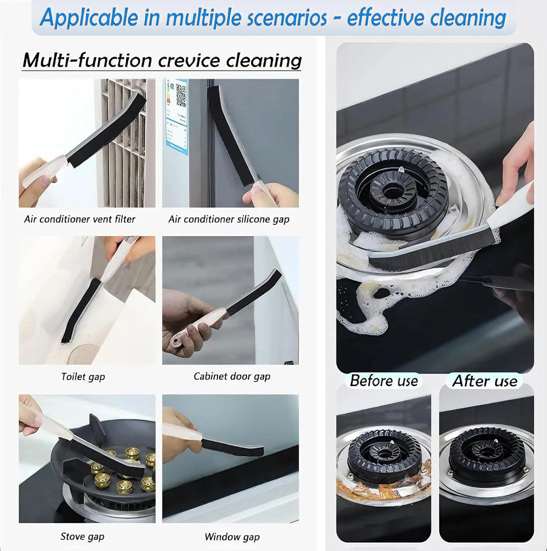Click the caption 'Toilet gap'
(x=83, y=377)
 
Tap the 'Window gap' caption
(x=232, y=537)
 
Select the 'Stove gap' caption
(x=82, y=536)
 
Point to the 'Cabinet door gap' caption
(x=232, y=376)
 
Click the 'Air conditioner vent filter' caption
(x=80, y=219)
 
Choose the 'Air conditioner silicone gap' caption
(x=229, y=219)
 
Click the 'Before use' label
(x=384, y=381)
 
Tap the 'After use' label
(x=485, y=381)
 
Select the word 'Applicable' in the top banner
(x=89, y=18)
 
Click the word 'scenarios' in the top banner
(x=287, y=18)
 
